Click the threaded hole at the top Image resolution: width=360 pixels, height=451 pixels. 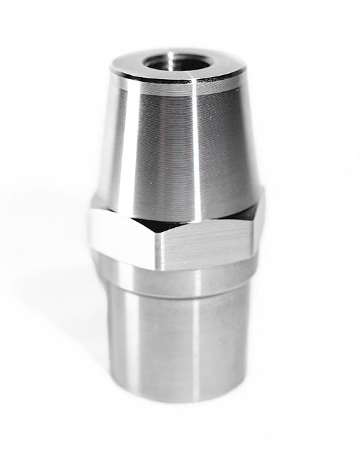click(178, 63)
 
